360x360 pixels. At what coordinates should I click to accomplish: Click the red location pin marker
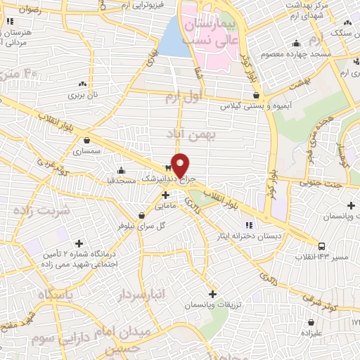point(181,165)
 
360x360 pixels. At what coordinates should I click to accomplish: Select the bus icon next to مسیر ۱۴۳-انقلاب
point(321,246)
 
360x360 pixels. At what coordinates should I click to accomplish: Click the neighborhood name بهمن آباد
point(188,132)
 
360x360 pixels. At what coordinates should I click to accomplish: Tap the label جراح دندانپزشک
point(159,179)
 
